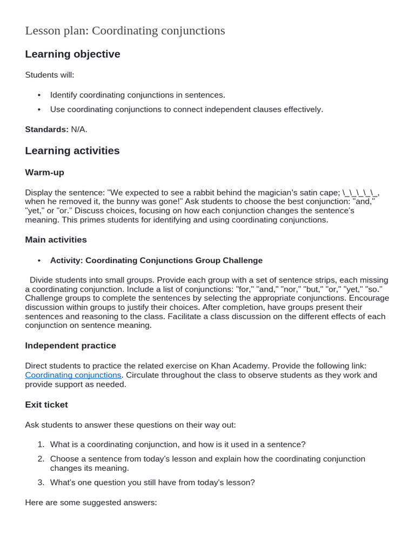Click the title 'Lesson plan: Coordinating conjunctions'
[125, 31]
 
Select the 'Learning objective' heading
[72, 54]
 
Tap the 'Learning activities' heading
[72, 151]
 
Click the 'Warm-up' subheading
[44, 172]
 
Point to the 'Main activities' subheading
[56, 239]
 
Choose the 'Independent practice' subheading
[70, 345]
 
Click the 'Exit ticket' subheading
[46, 404]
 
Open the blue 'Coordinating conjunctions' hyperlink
[73, 375]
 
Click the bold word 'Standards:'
[46, 129]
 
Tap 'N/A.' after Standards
[79, 129]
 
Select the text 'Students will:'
[50, 75]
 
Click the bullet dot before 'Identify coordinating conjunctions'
[39, 95]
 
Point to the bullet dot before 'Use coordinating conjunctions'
[39, 110]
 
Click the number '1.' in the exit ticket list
[41, 444]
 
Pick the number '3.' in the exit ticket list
[41, 482]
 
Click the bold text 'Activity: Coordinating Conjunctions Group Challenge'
[156, 260]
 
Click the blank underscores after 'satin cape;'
[360, 193]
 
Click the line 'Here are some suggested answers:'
[91, 502]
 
